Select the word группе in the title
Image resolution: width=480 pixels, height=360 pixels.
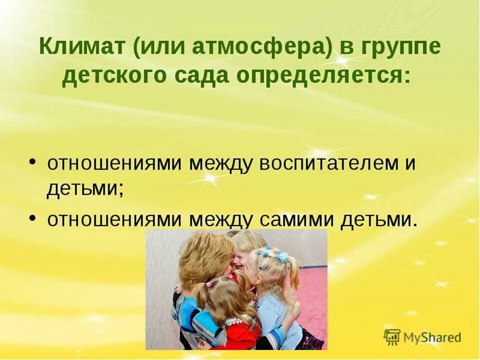pos(399,48)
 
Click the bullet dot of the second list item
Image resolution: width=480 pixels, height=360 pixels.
pos(32,218)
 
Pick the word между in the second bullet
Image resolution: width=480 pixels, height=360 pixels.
pos(224,220)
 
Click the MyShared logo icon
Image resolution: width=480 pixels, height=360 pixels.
pos(392,337)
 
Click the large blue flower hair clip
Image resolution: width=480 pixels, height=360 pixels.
pos(283,256)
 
